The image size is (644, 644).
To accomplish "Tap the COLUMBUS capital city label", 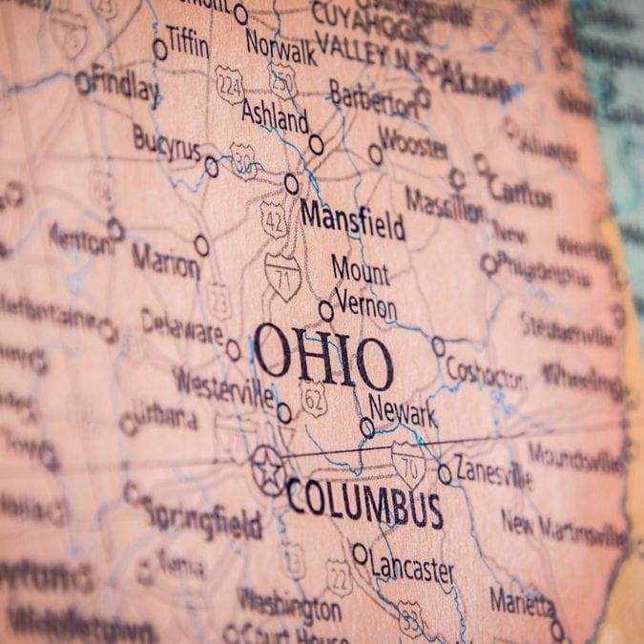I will click(364, 504).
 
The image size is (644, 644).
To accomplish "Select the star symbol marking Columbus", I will click(268, 470).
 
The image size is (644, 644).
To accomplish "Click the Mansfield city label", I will click(352, 219).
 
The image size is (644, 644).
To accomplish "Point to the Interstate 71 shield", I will click(281, 276).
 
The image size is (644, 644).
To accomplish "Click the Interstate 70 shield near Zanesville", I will click(408, 465).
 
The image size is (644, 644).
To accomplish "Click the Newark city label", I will click(403, 411).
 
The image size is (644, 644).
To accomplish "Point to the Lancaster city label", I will click(411, 569).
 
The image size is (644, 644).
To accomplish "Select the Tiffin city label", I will click(188, 39).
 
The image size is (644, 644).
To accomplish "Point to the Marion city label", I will click(166, 260).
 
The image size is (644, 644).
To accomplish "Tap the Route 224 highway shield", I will click(230, 84).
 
